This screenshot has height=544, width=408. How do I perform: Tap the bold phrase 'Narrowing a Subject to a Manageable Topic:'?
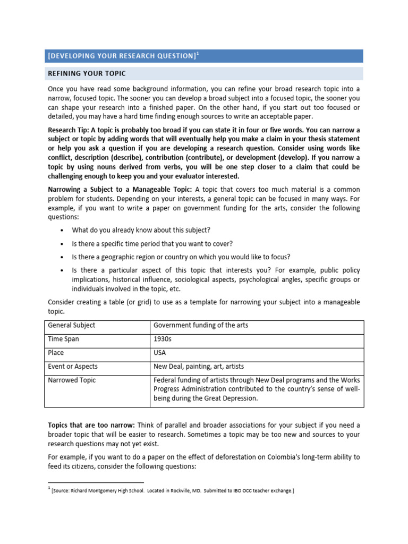pos(120,190)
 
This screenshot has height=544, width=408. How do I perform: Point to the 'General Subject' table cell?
pos(72,325)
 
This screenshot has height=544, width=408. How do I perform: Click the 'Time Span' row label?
pos(64,339)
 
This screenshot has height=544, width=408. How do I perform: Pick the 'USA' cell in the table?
pos(160,353)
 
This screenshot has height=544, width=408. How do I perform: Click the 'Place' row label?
pos(56,353)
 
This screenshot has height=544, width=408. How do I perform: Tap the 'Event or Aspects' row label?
pos(73,367)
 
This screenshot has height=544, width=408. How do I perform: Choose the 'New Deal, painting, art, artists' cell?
pos(199,367)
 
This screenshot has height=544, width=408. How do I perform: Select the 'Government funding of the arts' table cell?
pos(201,325)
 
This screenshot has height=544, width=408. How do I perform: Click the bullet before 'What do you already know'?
pos(62,230)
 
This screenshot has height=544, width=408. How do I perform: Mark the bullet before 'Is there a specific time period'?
pos(62,244)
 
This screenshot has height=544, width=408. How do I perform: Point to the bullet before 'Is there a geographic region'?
pos(62,258)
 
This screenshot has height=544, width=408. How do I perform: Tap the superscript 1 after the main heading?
pos(198,54)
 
